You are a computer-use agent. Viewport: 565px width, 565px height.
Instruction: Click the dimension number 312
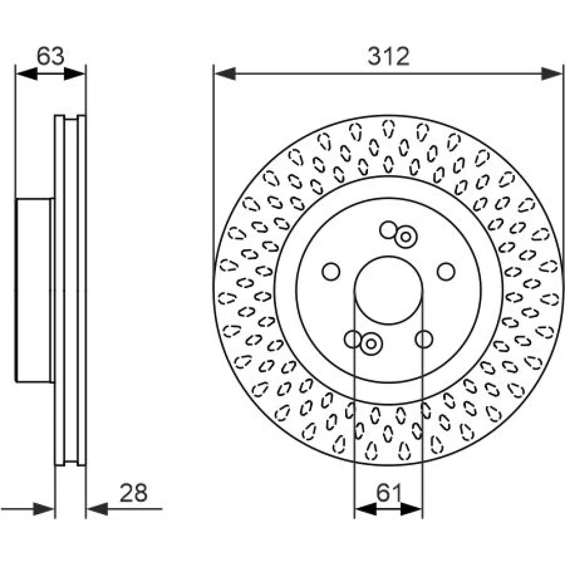coord(389,56)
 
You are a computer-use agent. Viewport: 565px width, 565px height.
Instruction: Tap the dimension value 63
coord(50,56)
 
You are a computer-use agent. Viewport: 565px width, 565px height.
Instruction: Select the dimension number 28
coord(134,493)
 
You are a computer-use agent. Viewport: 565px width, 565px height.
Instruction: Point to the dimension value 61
coord(389,493)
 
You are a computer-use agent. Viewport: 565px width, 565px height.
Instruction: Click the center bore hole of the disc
coord(389,290)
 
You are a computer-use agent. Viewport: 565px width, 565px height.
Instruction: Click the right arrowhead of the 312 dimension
coord(551,73)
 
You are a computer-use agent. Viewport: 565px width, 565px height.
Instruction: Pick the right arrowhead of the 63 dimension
coord(75,73)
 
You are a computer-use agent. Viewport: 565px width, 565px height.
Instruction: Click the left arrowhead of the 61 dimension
coord(366,509)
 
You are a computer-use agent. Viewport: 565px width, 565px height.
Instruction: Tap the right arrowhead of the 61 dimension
coord(411,509)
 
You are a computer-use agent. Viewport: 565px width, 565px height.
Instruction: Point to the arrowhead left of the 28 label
coord(97,509)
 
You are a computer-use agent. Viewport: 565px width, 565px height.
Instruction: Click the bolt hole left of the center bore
coord(331,272)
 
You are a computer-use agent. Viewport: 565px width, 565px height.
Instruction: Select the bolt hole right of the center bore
coord(446,272)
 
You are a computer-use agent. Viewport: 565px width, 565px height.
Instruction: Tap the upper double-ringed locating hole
coord(406,237)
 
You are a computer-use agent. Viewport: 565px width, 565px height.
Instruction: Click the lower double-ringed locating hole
coord(371,344)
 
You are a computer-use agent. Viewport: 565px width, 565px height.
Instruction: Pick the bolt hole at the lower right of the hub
coord(424,339)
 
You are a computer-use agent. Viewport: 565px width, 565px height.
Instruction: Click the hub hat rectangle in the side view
coord(34,290)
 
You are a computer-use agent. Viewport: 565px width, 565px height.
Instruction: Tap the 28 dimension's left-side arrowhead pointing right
coord(44,509)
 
